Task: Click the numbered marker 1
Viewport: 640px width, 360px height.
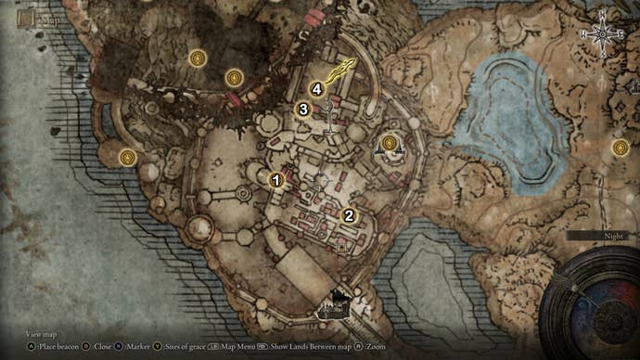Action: point(275,179)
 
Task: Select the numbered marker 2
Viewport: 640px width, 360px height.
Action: point(349,215)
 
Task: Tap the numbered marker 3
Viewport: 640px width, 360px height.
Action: point(302,109)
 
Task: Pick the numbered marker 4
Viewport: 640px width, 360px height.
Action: point(317,89)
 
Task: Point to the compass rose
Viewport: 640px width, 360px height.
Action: point(601,34)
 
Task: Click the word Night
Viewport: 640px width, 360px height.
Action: point(613,237)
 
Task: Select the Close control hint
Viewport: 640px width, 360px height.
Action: point(97,346)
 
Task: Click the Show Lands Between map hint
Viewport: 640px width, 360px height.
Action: point(306,346)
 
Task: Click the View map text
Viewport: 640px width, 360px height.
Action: point(41,332)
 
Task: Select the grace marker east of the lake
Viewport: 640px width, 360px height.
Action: point(620,147)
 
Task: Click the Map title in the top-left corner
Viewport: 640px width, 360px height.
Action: point(36,16)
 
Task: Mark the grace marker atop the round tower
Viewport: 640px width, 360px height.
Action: point(390,143)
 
